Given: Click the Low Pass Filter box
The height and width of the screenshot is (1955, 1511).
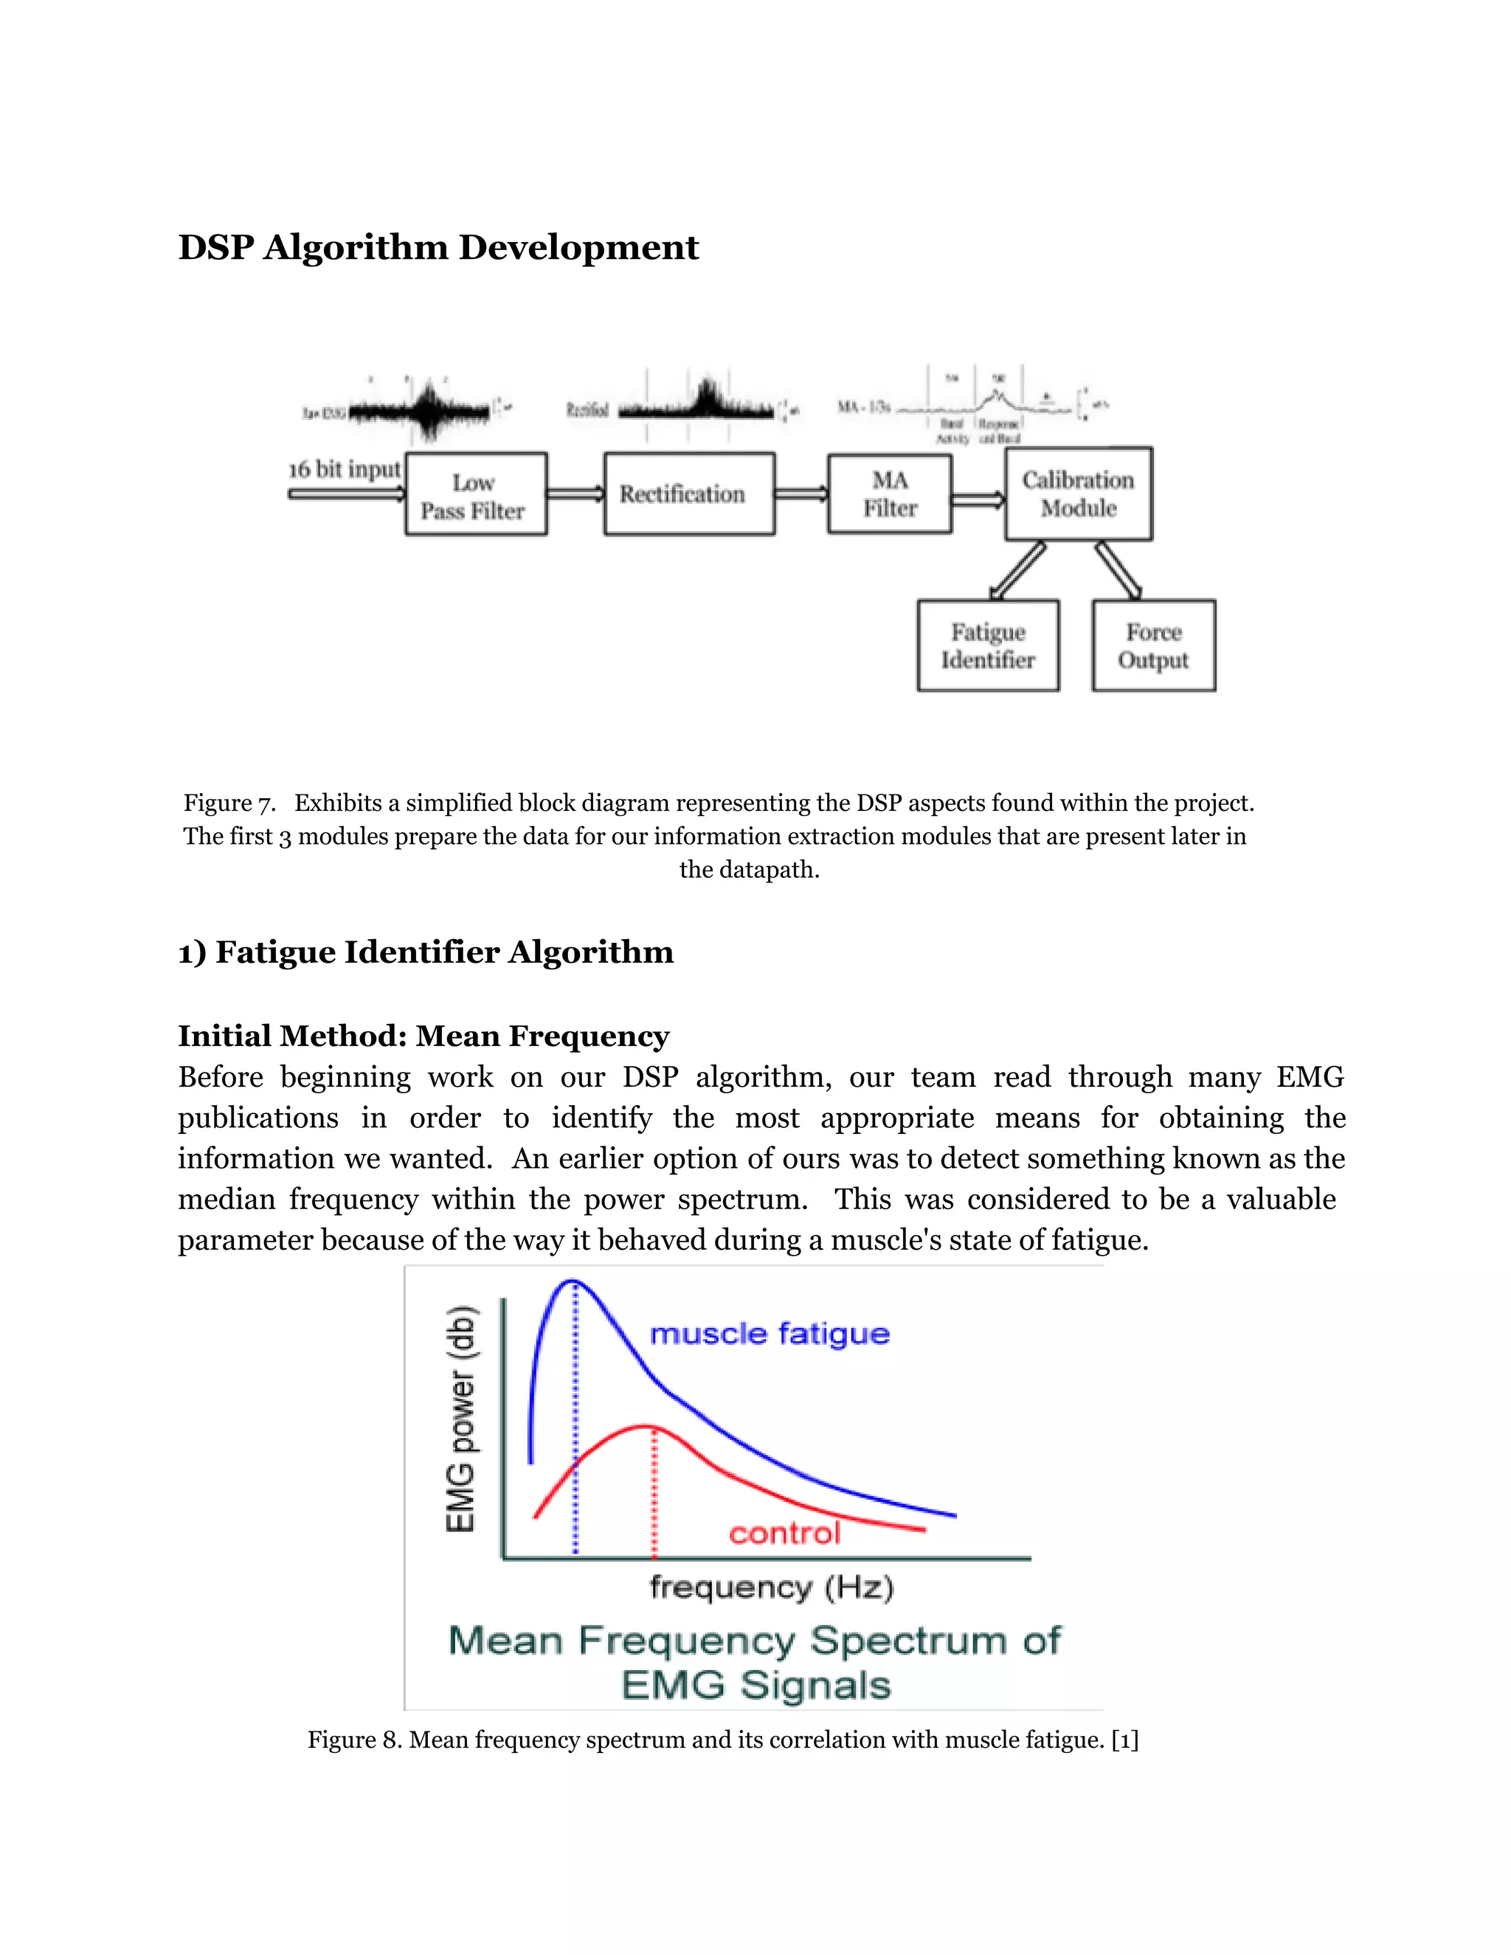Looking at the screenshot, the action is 475,494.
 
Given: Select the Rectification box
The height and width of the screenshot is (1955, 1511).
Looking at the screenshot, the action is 688,494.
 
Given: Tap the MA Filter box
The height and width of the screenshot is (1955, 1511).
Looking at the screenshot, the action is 889,494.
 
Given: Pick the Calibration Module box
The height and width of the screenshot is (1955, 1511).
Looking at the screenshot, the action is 1078,494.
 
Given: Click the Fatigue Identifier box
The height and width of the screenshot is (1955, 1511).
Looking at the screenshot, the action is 987,646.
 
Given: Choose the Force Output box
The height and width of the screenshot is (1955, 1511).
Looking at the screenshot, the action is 1153,646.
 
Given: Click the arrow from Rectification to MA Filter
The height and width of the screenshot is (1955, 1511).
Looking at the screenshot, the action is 801,494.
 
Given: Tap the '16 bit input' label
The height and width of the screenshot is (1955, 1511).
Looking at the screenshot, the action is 345,470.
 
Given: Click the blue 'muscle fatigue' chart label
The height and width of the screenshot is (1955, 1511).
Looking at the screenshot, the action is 769,1334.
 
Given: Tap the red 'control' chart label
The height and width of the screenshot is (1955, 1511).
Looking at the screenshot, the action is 784,1534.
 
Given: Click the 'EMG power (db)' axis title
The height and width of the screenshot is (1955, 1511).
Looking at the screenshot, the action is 461,1419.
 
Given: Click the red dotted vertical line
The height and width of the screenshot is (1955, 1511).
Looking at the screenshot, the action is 654,1495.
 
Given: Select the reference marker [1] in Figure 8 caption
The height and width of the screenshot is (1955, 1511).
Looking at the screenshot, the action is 1124,1740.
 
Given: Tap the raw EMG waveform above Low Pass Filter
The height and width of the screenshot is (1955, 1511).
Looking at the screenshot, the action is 421,411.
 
